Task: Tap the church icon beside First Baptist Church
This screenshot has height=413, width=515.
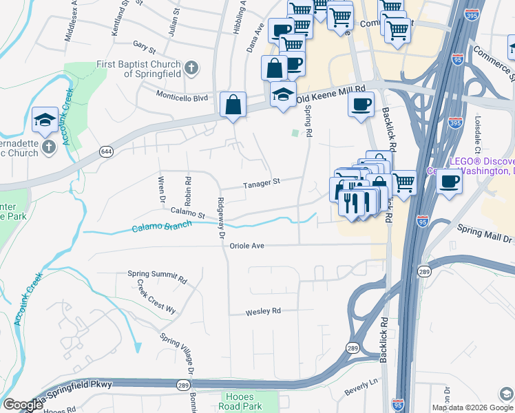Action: [x=192, y=68]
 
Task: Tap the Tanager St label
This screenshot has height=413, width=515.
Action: [x=262, y=183]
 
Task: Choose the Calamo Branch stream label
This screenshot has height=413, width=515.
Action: [x=162, y=228]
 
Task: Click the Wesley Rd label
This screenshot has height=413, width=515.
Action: [x=263, y=311]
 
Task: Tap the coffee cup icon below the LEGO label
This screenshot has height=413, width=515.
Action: [x=449, y=182]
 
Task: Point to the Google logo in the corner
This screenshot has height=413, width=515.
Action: [x=23, y=405]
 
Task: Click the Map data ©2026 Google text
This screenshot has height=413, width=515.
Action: [x=463, y=407]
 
